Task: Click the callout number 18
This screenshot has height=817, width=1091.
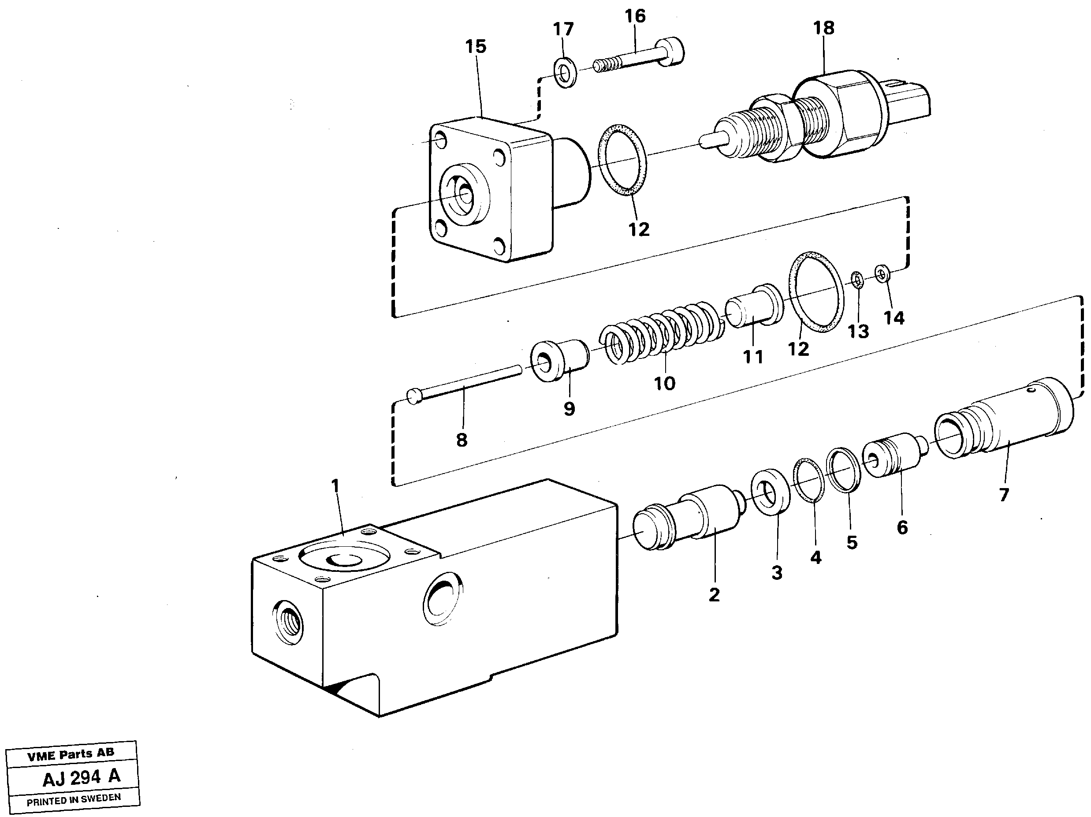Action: [824, 28]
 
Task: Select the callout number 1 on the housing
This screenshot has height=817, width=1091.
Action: [335, 486]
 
